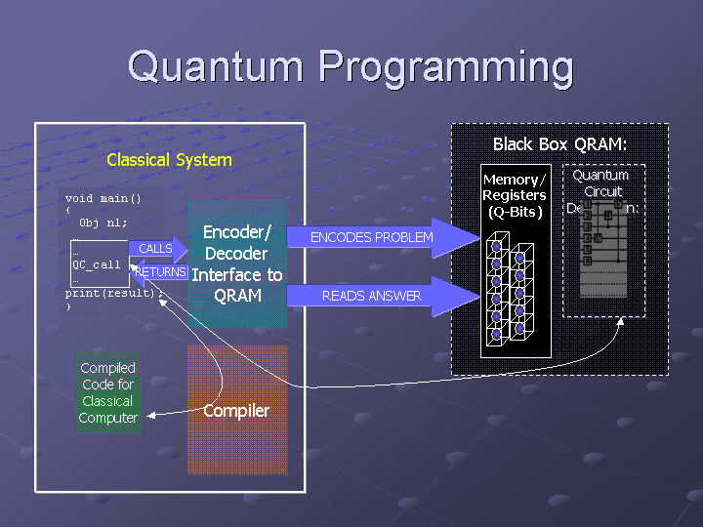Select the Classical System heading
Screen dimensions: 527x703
pos(169,160)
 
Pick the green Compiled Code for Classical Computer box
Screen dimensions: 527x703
pos(108,392)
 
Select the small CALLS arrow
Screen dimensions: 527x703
pos(157,249)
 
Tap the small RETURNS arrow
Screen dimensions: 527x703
pos(158,272)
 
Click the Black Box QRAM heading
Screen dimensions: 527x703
pos(558,144)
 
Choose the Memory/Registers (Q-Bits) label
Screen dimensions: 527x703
pos(515,195)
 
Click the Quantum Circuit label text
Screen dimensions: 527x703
pos(601,183)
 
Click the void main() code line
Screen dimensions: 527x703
pos(103,198)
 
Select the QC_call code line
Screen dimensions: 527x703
pos(97,264)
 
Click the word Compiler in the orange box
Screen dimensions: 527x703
pos(236,411)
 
